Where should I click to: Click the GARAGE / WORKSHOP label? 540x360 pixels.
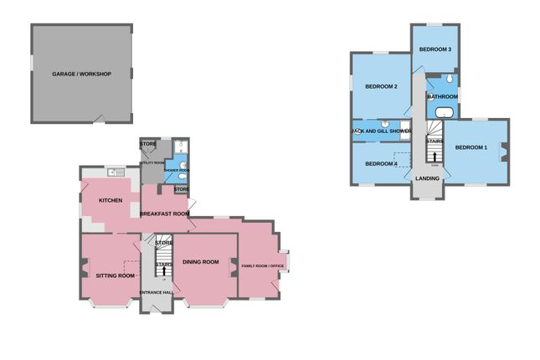[x=81, y=74]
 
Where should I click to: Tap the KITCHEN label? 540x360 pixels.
[x=111, y=201]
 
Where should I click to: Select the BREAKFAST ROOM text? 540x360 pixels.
[x=164, y=214]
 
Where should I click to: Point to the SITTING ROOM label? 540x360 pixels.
[x=116, y=275]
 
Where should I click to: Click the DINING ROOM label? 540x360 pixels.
[x=201, y=262]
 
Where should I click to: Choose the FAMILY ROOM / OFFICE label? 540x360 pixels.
[x=264, y=266]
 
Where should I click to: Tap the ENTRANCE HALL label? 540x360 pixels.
[x=157, y=292]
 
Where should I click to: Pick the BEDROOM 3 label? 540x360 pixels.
[x=435, y=49]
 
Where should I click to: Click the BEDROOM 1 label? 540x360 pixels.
[x=471, y=148]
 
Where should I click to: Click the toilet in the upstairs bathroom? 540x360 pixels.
[x=450, y=80]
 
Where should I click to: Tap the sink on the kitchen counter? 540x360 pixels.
[x=115, y=172]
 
